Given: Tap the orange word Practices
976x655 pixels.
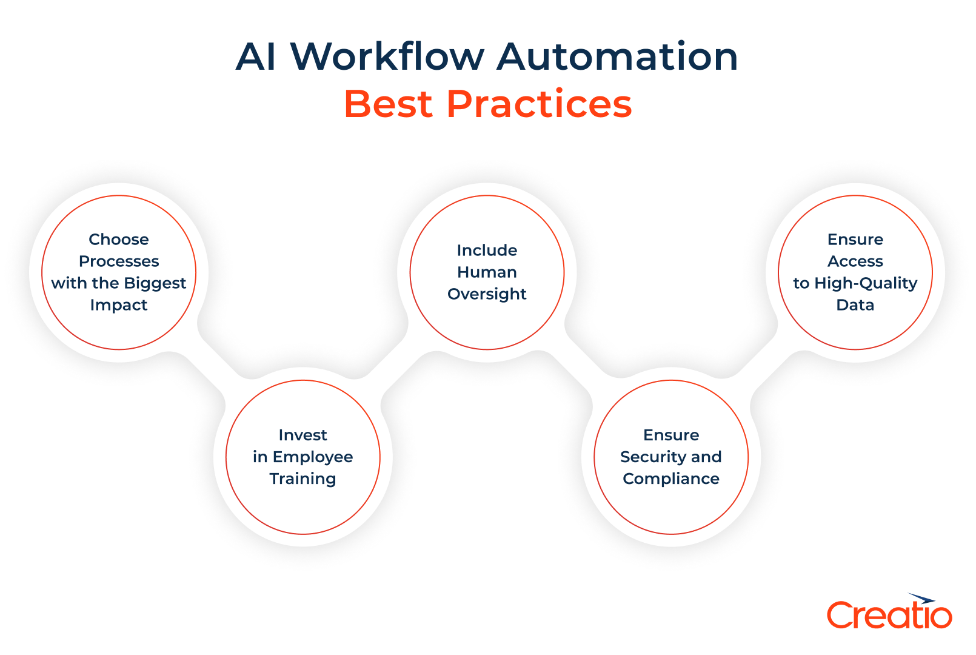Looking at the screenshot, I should click(x=539, y=104).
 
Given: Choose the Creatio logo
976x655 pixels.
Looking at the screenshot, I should click(x=889, y=613).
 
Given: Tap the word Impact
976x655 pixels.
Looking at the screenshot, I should click(x=119, y=305).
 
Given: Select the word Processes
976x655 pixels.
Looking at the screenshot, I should click(x=119, y=261).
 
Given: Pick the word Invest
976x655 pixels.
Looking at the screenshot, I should click(x=302, y=435).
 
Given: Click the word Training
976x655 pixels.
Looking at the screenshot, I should click(x=302, y=479).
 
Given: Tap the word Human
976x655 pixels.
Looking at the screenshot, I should click(x=487, y=272).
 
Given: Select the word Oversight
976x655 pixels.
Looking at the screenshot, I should click(x=487, y=294).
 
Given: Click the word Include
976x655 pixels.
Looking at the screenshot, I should click(x=487, y=250).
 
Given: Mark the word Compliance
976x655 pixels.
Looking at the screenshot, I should click(x=671, y=479).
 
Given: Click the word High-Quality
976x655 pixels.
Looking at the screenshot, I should click(x=866, y=283).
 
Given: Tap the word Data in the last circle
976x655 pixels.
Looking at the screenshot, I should click(x=855, y=305).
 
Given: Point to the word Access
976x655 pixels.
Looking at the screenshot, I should click(x=855, y=261).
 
